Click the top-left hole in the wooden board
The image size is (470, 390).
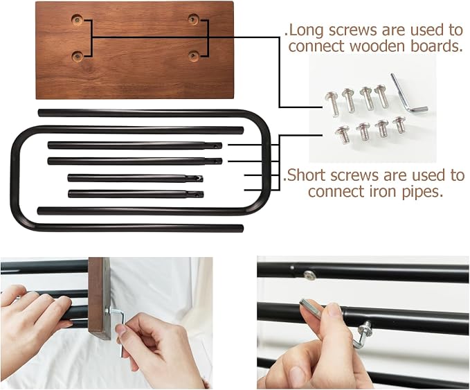78,20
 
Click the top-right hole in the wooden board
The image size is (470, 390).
192,19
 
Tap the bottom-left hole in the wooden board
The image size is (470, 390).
78,56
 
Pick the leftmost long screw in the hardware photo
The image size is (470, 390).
333,104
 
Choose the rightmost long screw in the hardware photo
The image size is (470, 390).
382,96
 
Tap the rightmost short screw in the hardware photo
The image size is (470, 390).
399,125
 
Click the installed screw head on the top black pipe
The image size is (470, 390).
309,275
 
